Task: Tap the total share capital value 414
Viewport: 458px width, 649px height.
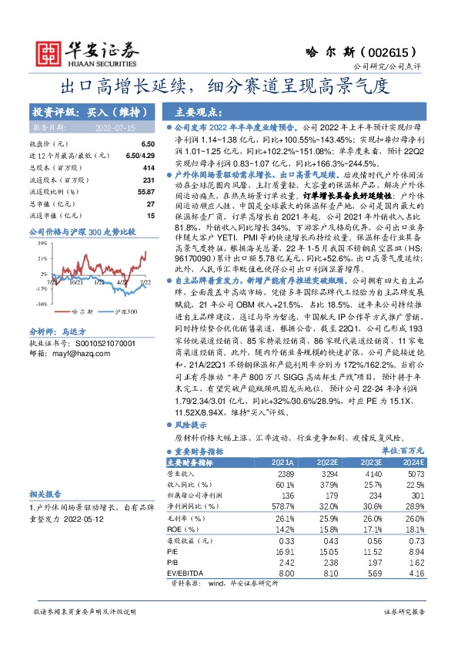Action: pos(149,167)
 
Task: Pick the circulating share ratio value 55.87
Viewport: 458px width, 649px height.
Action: pos(146,190)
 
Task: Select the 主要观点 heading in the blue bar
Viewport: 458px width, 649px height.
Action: pos(193,111)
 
